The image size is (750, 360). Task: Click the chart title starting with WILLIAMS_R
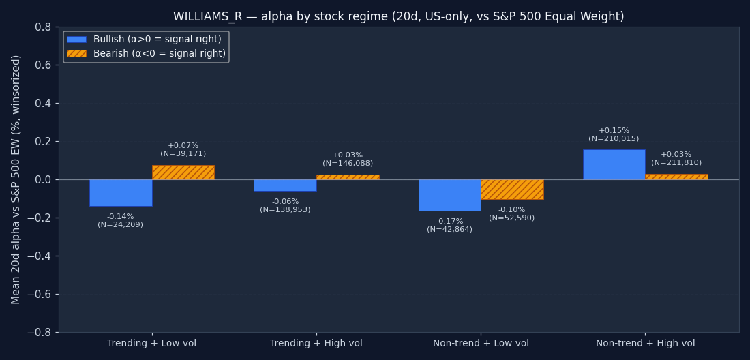tap(398, 17)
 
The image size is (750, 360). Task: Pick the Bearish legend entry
tap(146, 54)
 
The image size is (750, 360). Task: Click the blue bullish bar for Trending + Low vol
tap(121, 193)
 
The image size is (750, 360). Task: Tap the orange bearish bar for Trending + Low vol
tap(183, 172)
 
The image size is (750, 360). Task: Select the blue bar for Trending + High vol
tap(285, 185)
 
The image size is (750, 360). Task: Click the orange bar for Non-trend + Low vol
tap(512, 190)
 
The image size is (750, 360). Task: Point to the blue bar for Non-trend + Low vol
tap(449, 195)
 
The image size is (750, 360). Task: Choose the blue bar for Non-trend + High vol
tap(614, 164)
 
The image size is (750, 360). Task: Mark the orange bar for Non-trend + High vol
tap(676, 177)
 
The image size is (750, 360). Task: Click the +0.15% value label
tap(614, 131)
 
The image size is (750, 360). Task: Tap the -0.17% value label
tap(449, 222)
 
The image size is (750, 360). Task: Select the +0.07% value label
tap(183, 146)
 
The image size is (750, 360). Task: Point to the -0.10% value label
tap(511, 210)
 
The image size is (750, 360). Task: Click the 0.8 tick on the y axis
tap(42, 27)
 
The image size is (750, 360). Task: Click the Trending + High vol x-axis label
tap(316, 344)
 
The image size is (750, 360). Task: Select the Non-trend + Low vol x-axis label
tap(481, 344)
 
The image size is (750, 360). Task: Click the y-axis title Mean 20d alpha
tap(16, 179)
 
